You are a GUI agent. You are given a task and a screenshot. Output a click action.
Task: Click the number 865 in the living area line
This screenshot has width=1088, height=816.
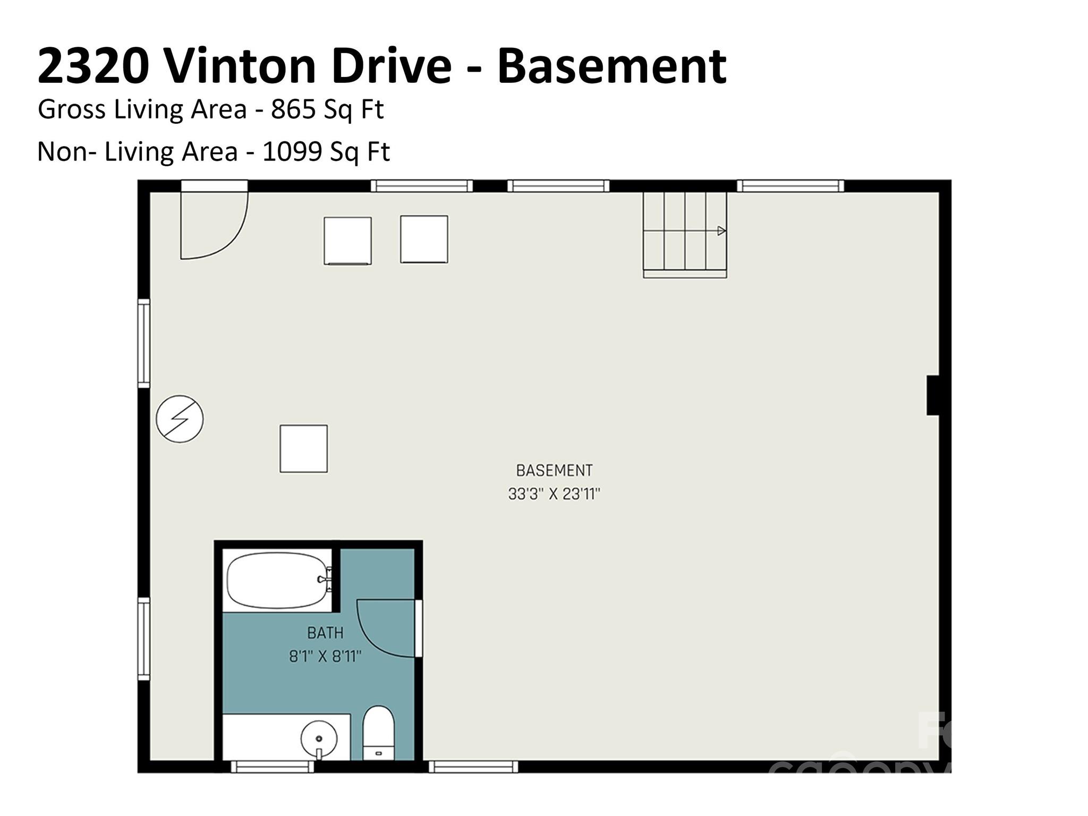click(x=288, y=109)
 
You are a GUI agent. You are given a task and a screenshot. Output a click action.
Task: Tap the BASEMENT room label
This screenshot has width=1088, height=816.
click(x=554, y=470)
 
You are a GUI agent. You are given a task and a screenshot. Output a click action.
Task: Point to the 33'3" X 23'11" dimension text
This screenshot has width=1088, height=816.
click(x=554, y=494)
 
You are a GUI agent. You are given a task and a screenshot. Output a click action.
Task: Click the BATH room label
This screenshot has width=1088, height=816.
click(x=325, y=633)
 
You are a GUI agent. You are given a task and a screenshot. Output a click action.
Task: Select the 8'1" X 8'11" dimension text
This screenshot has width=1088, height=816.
click(x=325, y=657)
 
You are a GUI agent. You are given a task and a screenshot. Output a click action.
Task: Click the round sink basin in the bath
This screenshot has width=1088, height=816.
click(x=319, y=738)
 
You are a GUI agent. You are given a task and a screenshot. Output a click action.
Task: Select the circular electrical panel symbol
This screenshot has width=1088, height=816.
click(x=180, y=419)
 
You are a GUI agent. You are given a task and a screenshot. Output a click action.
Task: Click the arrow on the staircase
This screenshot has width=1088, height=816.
click(x=721, y=231)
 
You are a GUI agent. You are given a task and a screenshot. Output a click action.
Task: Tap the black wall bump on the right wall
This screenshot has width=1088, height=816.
click(x=933, y=395)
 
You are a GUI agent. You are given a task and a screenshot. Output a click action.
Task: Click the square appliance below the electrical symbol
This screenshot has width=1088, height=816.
click(x=303, y=448)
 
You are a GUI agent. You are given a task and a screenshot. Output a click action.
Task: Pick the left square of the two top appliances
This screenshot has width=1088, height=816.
click(x=347, y=240)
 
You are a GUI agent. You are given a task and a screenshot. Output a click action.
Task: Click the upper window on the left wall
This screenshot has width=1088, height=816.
click(x=143, y=343)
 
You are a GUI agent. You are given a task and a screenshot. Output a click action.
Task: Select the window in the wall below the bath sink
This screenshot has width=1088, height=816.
click(x=273, y=767)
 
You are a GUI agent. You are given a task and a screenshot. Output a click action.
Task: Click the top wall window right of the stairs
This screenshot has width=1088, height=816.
click(x=790, y=185)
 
